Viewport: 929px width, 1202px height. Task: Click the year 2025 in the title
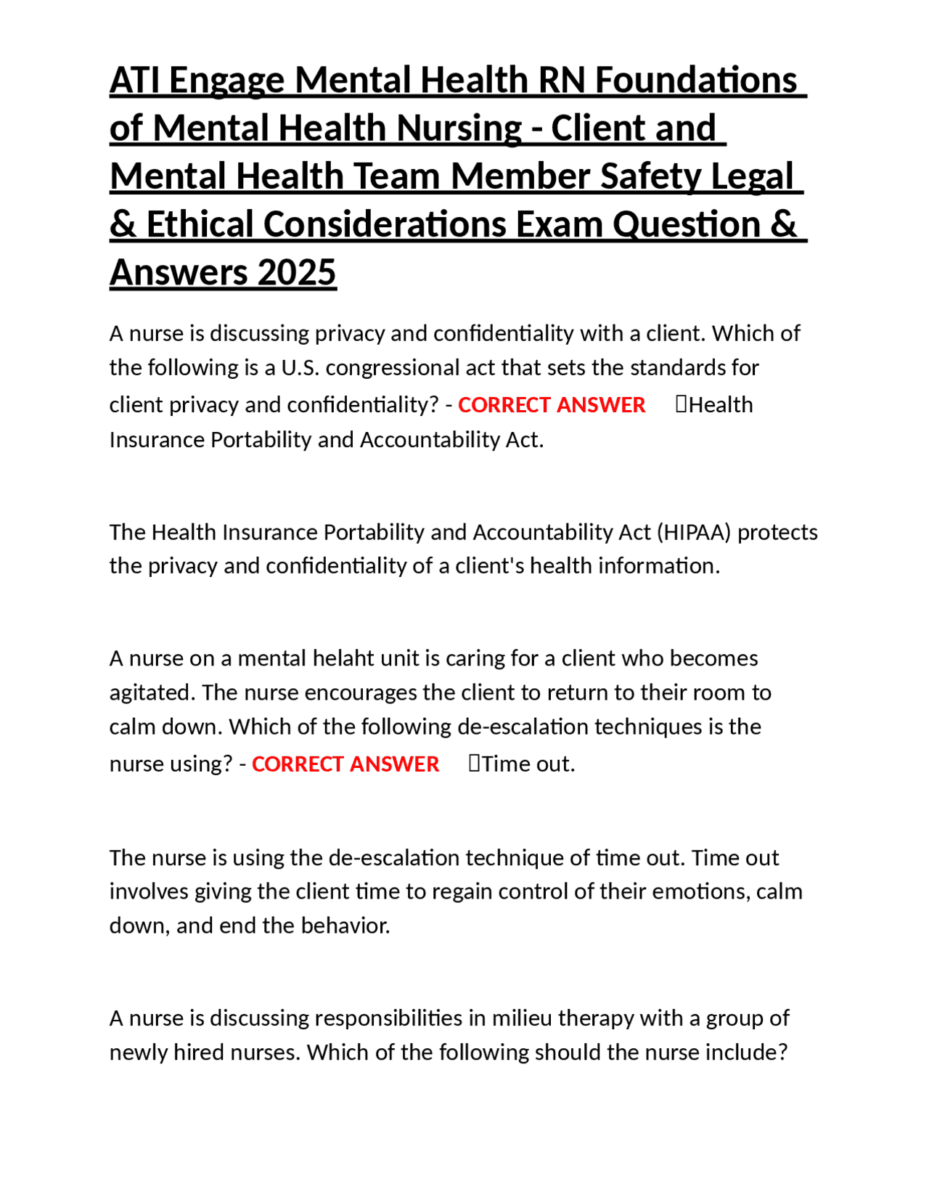[x=297, y=273]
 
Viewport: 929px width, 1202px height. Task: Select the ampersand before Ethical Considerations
[x=123, y=224]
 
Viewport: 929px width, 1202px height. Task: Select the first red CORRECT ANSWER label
[x=551, y=404]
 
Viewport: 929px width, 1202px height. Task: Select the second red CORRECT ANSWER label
[x=345, y=764]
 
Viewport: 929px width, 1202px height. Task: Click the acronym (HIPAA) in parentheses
[x=694, y=532]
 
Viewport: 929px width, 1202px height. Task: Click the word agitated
[x=152, y=692]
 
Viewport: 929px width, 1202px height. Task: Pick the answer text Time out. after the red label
[x=528, y=764]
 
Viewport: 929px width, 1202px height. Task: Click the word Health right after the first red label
[x=720, y=404]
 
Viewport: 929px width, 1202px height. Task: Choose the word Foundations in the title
[x=696, y=81]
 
